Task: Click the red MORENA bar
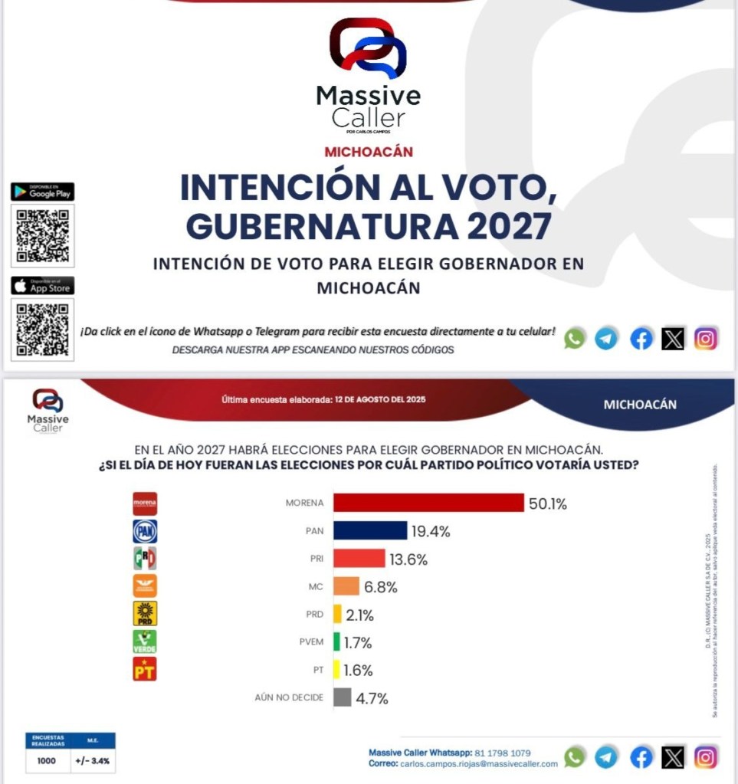428,503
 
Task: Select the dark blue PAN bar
370,530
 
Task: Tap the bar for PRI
359,559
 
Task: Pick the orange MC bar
346,586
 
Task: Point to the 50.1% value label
547,504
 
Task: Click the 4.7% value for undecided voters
372,698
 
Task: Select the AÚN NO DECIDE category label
289,698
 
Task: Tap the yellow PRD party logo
145,613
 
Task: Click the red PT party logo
145,669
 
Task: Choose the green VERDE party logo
145,641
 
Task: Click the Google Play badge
42,192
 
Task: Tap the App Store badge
42,286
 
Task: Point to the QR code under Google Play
43,235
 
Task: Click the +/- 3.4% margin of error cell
92,761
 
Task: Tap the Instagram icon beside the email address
706,757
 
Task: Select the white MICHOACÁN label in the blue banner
640,404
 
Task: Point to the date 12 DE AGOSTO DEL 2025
380,399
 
